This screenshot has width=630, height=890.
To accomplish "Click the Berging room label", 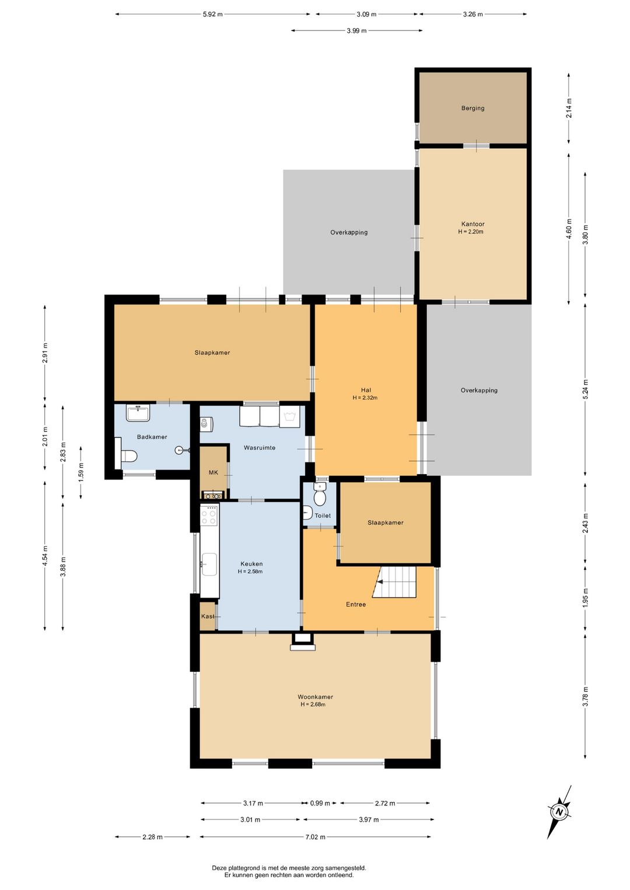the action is coord(473,108).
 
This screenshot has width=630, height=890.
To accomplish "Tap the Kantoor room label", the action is coord(473,224).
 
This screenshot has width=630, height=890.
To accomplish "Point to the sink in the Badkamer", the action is coord(138,413).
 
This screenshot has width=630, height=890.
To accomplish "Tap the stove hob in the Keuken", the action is coord(209,515).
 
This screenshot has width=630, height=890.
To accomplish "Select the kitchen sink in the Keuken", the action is coord(209,564).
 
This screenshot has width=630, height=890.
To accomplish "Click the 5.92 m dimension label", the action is coord(213,15).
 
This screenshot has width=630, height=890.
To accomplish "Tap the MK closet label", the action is coord(213,472).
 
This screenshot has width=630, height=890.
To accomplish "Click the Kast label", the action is coord(208,616).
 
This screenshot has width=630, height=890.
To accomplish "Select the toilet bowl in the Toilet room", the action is coord(320,494).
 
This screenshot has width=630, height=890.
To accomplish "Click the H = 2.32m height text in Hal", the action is coord(365,397).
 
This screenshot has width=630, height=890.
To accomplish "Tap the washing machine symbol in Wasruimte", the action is coord(290,416).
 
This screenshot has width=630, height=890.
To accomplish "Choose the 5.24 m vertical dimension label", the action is coord(585,390).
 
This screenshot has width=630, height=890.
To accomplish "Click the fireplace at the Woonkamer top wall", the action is coord(303,642).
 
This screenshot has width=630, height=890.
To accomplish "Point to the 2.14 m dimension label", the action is coord(569,108).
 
